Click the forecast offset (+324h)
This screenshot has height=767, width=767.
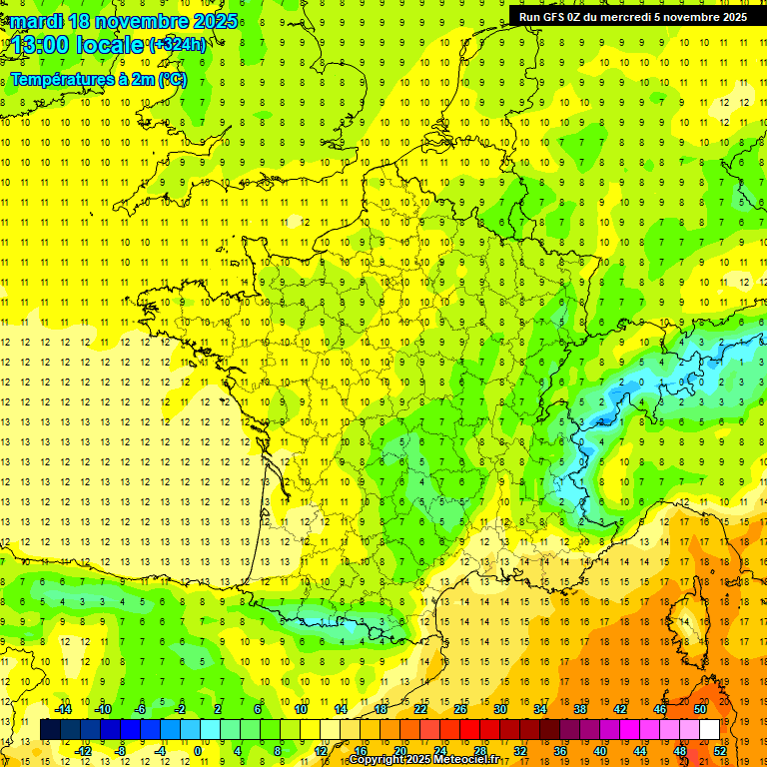[x=177, y=45]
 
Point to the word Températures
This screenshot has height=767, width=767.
[x=63, y=79]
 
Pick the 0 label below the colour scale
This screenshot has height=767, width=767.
[x=199, y=750]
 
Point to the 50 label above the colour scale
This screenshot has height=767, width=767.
[x=700, y=709]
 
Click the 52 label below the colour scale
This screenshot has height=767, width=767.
[x=719, y=750]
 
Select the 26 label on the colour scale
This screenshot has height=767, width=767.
[x=460, y=709]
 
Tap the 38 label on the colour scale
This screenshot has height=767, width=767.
[x=580, y=709]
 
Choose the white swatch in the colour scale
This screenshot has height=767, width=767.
[x=709, y=729]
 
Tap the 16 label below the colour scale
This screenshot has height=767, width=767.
[x=361, y=750]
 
